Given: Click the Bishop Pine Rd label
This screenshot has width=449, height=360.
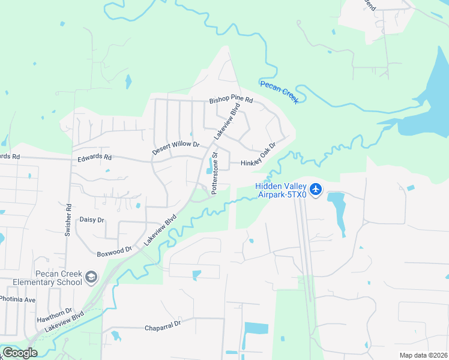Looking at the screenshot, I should [231, 100].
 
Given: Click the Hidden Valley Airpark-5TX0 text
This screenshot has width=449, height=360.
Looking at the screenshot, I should [281, 190].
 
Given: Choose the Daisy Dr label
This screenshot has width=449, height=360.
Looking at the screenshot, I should [92, 220].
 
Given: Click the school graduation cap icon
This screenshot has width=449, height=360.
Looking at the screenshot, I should [91, 277].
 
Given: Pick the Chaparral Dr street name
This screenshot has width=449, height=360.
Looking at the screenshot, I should [163, 328].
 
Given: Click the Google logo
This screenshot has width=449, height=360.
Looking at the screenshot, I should [19, 353].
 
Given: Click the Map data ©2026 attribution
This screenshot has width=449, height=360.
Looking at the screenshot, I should [423, 355].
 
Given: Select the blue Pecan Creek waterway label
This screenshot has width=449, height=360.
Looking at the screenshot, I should [279, 92].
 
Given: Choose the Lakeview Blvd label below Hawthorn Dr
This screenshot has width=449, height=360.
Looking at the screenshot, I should [64, 320].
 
